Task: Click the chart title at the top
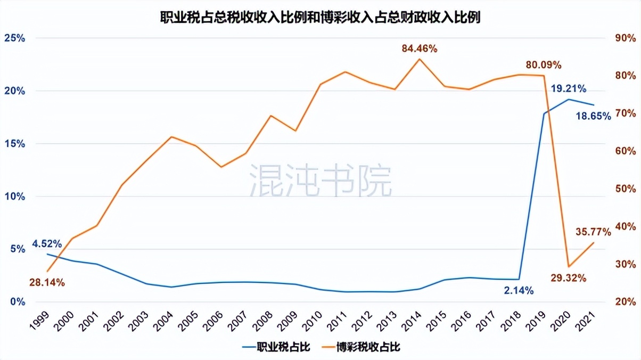320,18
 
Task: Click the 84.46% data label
420,48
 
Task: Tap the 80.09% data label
544,66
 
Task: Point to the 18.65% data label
593,116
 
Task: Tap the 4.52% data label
47,244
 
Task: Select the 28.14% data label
47,283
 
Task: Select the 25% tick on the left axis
15,38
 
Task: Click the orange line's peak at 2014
418,59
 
